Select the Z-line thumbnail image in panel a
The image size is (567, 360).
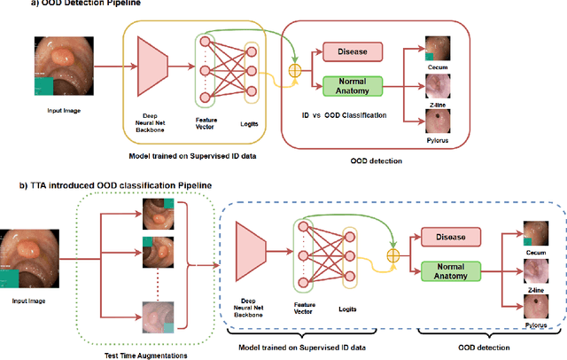437,87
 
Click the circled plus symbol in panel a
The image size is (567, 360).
295,68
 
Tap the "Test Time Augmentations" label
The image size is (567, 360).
152,356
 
